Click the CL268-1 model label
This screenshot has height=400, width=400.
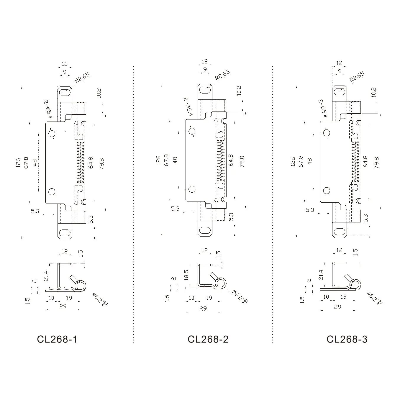[57, 339]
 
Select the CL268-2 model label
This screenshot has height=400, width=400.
[208, 339]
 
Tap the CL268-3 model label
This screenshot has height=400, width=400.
[347, 339]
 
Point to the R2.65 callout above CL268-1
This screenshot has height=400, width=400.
[82, 77]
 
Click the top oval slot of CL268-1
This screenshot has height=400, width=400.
[65, 93]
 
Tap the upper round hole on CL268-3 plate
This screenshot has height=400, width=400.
[327, 133]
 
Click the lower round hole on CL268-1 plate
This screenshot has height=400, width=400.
[52, 192]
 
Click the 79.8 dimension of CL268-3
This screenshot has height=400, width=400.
[376, 163]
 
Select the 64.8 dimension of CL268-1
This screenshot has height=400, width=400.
[91, 163]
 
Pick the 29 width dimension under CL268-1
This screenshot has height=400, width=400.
[63, 306]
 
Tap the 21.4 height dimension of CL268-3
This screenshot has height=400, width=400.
[321, 275]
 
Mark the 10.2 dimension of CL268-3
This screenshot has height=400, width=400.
[373, 92]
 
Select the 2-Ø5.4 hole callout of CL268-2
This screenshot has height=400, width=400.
[188, 106]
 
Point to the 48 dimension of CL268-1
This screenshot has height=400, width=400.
[35, 163]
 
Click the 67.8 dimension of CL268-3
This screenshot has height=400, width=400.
[301, 161]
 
